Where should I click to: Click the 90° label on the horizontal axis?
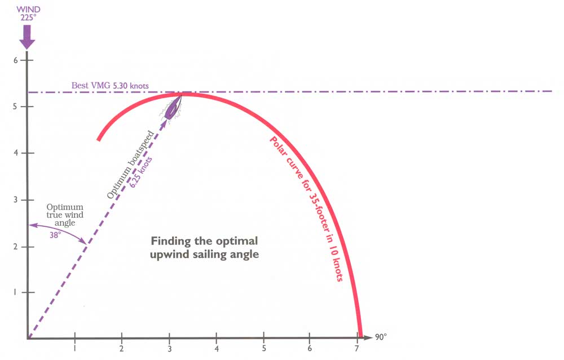point(381,337)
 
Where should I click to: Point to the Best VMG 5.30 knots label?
point(110,86)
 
